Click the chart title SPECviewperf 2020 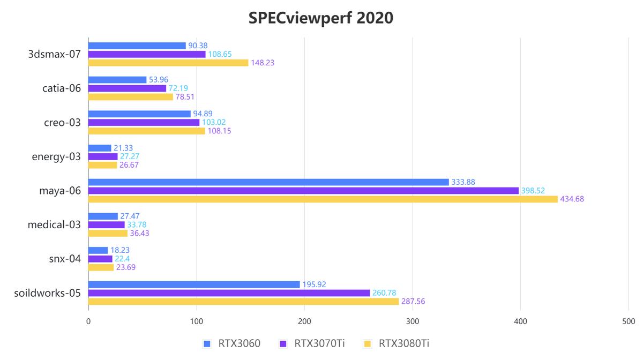(320, 18)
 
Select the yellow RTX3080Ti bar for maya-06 (323, 199)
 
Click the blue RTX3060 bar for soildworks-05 (194, 284)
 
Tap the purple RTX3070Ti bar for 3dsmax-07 (147, 54)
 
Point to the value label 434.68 (572, 199)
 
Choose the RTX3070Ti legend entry (312, 343)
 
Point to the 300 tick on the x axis (413, 321)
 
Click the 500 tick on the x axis (629, 321)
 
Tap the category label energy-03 (56, 156)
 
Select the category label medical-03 (54, 224)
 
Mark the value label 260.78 (384, 293)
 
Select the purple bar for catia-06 (127, 88)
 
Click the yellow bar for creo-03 (146, 131)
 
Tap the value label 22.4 (122, 259)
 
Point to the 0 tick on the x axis (88, 321)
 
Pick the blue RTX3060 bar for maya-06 (268, 182)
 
